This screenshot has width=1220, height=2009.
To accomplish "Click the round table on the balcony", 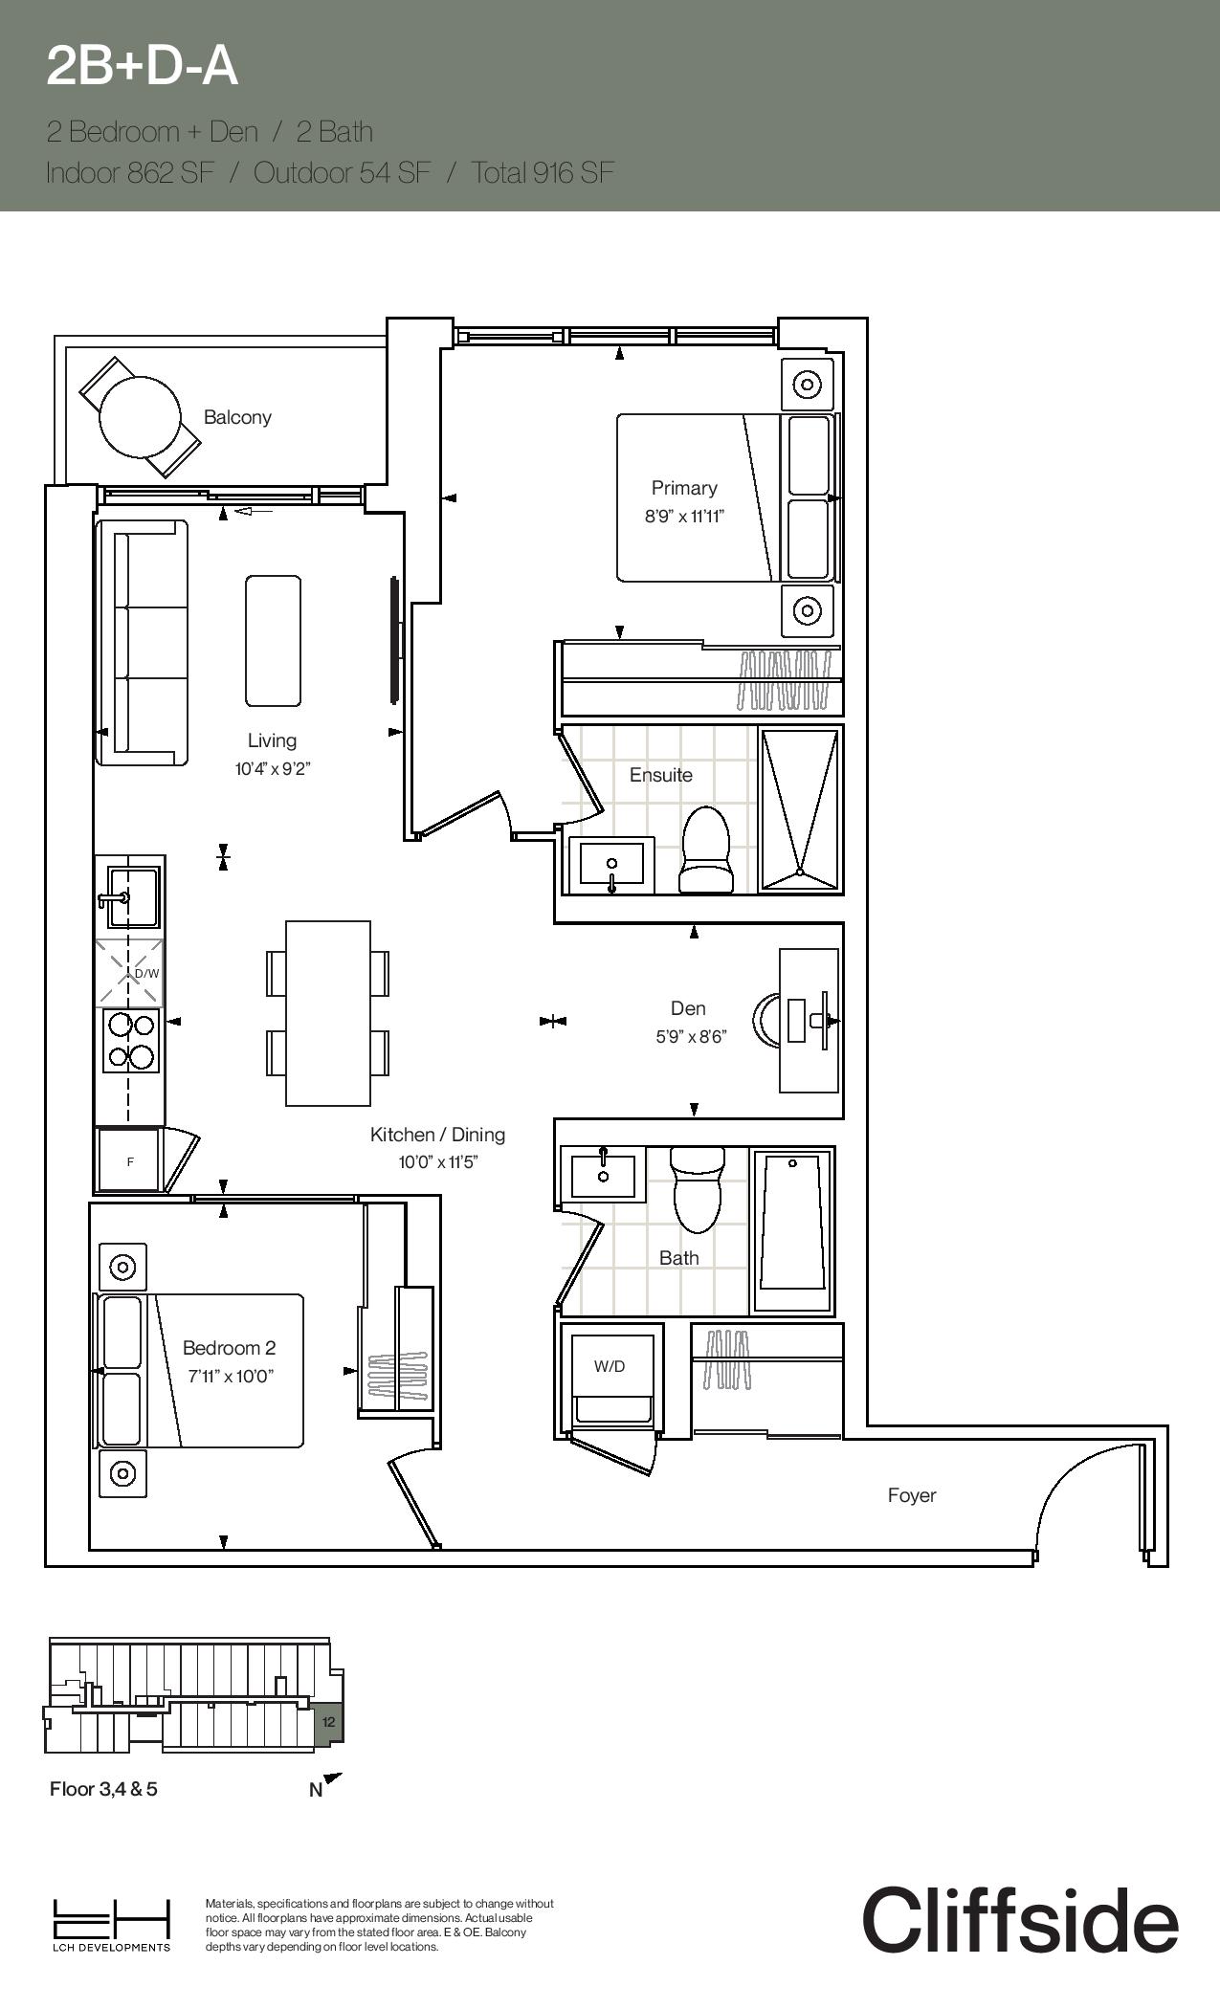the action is pyautogui.click(x=140, y=417).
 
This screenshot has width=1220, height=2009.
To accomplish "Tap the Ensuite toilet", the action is pyautogui.click(x=705, y=850).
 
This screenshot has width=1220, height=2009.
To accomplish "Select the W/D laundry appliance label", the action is pyautogui.click(x=610, y=1366).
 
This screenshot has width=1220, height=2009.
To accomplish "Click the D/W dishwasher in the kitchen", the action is pyautogui.click(x=129, y=973).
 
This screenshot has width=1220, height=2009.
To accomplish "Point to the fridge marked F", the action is pyautogui.click(x=130, y=1161).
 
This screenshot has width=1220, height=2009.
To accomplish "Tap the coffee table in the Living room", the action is pyautogui.click(x=273, y=641).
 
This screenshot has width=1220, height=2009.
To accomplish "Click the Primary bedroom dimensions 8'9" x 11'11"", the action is pyautogui.click(x=684, y=517).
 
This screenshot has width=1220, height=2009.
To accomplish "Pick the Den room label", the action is pyautogui.click(x=688, y=1008).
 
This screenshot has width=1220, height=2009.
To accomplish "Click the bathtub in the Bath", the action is pyautogui.click(x=792, y=1230).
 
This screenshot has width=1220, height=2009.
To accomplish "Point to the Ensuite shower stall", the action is pyautogui.click(x=800, y=809).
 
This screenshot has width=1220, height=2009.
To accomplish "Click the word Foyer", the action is pyautogui.click(x=912, y=1495).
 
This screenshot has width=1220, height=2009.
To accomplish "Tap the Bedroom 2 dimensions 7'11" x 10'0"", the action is pyautogui.click(x=230, y=1377).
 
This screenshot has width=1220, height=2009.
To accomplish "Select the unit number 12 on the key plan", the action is pyautogui.click(x=329, y=1722).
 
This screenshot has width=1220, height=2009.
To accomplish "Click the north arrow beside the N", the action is pyautogui.click(x=333, y=1778).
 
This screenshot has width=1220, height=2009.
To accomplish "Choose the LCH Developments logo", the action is pyautogui.click(x=111, y=1925).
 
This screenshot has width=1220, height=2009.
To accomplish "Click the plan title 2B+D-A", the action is pyautogui.click(x=142, y=67).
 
